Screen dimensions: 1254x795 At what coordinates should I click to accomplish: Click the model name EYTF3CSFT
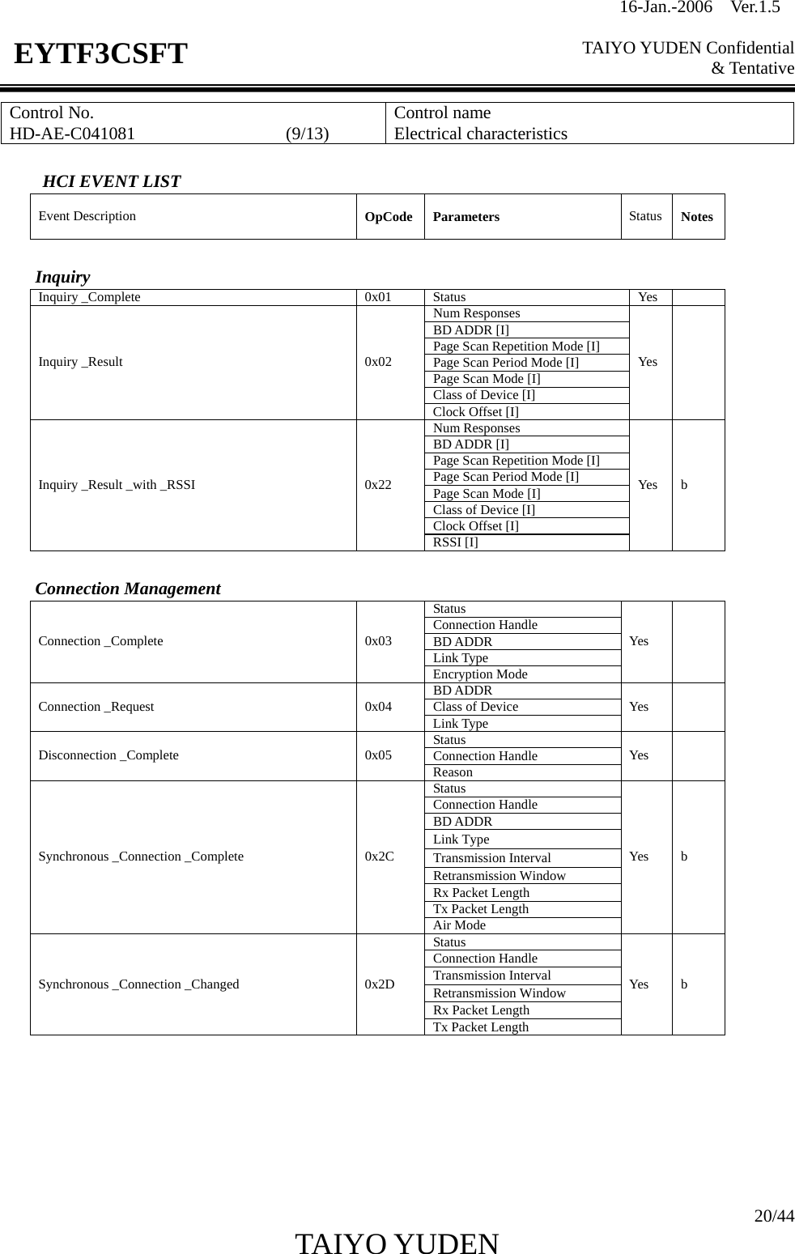[x=100, y=54]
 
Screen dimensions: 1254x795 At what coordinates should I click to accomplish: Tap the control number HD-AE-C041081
[x=72, y=134]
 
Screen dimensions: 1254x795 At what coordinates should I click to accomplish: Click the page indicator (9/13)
[x=307, y=134]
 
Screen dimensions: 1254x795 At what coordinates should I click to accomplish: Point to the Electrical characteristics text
[x=480, y=134]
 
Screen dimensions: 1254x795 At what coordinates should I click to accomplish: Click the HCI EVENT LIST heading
[x=111, y=181]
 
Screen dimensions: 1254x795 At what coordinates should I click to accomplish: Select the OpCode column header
[x=389, y=217]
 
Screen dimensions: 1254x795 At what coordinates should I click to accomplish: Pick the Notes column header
[x=696, y=217]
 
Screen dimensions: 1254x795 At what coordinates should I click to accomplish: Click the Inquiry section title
[x=62, y=277]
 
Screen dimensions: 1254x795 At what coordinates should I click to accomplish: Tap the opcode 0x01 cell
[x=378, y=297]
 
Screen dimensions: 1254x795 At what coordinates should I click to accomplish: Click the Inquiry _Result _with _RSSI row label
[x=117, y=485]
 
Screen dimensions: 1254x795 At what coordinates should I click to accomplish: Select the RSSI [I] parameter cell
[x=455, y=542]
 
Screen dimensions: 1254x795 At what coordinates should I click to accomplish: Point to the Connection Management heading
[x=128, y=589]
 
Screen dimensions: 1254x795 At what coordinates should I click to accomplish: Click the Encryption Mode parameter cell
[x=480, y=674]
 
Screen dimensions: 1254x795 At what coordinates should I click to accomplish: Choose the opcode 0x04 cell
[x=378, y=707]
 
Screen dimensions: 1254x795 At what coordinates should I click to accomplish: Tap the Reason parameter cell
[x=453, y=772]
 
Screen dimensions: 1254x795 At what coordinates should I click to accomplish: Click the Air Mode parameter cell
[x=459, y=925]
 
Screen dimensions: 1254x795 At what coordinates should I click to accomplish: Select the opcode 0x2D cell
[x=380, y=984]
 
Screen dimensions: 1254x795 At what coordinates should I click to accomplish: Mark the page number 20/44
[x=773, y=1216]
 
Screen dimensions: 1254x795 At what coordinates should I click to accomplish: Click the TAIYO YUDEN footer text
[x=397, y=1243]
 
